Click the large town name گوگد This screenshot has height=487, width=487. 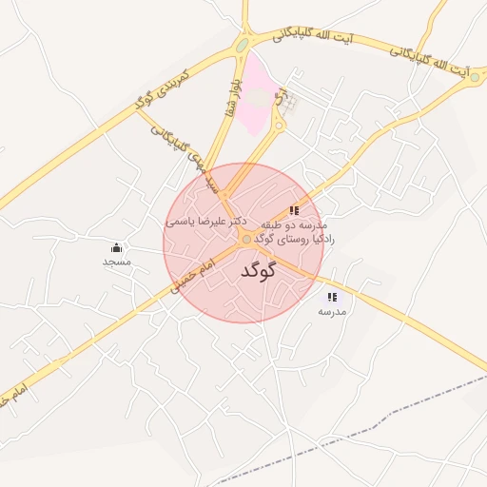258,271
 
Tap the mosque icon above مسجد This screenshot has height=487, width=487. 117,247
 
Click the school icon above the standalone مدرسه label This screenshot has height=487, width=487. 331,298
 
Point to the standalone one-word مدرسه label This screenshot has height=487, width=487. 332,311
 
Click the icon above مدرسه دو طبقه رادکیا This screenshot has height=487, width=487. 295,210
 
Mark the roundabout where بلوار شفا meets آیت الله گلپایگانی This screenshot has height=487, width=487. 243,44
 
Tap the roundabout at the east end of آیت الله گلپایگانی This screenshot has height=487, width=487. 475,76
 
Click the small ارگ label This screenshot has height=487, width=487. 279,98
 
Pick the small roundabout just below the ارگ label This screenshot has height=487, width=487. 279,124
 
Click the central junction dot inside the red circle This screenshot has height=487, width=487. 246,240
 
